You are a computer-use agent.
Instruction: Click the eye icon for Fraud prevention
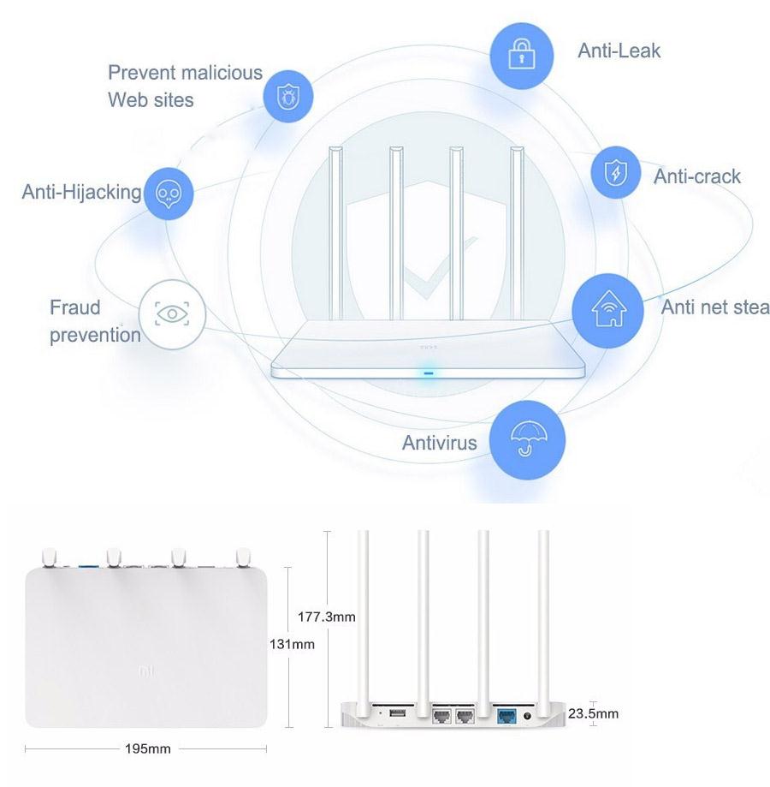click(172, 313)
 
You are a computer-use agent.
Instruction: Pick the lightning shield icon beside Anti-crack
click(615, 173)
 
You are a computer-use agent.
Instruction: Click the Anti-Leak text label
click(619, 51)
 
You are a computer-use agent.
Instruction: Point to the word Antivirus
click(439, 443)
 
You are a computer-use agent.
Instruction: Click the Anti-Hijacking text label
click(81, 192)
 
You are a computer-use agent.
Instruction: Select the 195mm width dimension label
click(147, 749)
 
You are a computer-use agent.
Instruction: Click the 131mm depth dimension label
click(293, 644)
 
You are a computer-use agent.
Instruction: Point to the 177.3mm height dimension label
click(327, 617)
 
